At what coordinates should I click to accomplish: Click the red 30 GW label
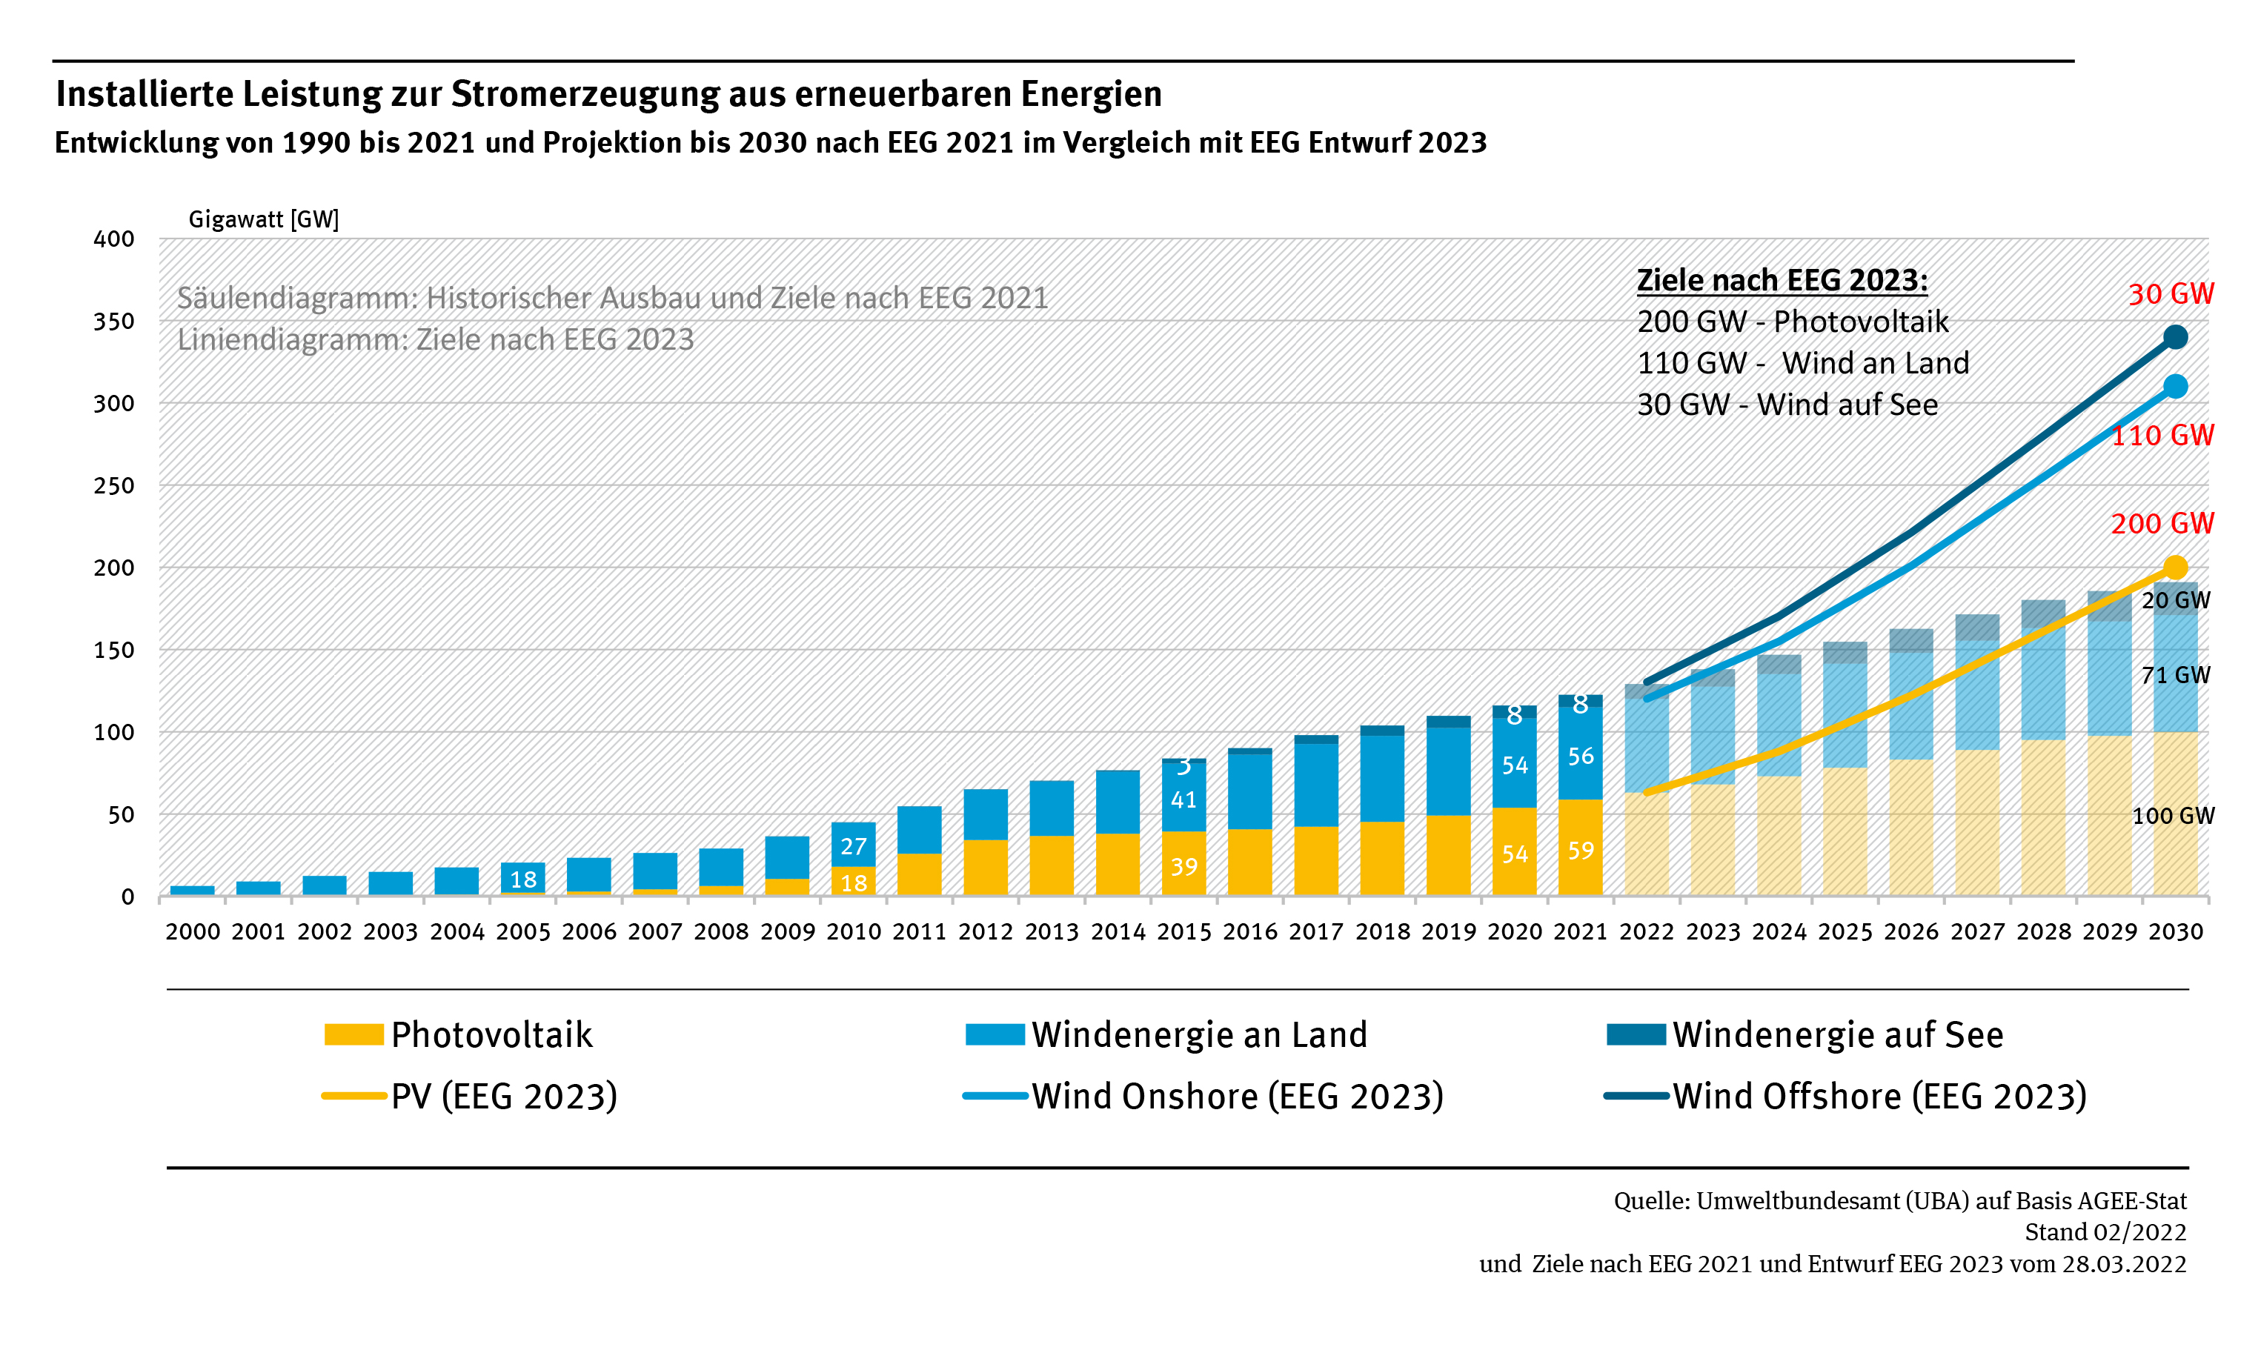[2170, 294]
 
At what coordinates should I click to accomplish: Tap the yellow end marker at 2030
[2174, 568]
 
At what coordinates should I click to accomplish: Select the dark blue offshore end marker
[2174, 338]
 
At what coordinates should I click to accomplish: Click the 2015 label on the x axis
[1183, 931]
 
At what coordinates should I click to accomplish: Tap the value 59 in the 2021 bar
[1581, 851]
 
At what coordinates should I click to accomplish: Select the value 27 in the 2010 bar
[854, 847]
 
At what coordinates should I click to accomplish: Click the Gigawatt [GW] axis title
[264, 219]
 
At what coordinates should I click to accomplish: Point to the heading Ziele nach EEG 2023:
[1782, 280]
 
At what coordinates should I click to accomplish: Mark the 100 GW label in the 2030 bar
[2173, 816]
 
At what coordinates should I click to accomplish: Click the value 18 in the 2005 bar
[523, 880]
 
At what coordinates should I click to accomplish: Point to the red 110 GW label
[2162, 435]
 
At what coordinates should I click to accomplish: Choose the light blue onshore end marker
[2174, 387]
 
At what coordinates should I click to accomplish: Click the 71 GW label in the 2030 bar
[2174, 675]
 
